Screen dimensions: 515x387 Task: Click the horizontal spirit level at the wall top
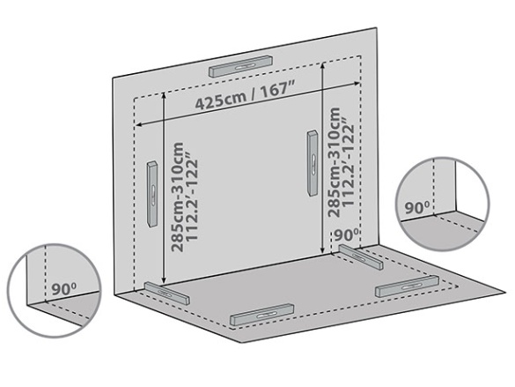pos(241,66)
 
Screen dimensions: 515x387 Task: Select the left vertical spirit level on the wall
pos(152,194)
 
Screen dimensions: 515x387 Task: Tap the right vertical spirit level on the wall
pos(313,163)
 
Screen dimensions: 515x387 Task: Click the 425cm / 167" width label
pos(244,96)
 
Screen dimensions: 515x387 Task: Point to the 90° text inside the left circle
pos(64,289)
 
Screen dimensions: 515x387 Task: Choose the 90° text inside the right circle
pos(416,208)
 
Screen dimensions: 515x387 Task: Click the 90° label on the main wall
pos(347,234)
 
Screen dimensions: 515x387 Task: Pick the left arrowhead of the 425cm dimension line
pos(139,124)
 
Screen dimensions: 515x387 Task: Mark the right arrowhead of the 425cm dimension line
pos(357,84)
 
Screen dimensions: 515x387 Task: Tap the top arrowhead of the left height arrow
pos(163,95)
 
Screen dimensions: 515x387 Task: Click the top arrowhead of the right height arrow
pos(323,65)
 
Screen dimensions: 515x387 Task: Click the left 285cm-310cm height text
pos(178,197)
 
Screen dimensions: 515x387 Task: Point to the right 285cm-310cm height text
pos(334,162)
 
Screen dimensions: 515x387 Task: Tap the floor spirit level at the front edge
pos(261,315)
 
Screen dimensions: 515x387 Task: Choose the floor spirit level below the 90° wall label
pos(361,257)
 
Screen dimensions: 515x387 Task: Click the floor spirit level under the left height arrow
pos(167,294)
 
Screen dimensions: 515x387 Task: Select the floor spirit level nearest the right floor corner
pos(407,286)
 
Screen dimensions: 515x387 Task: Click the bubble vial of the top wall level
pos(245,67)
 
